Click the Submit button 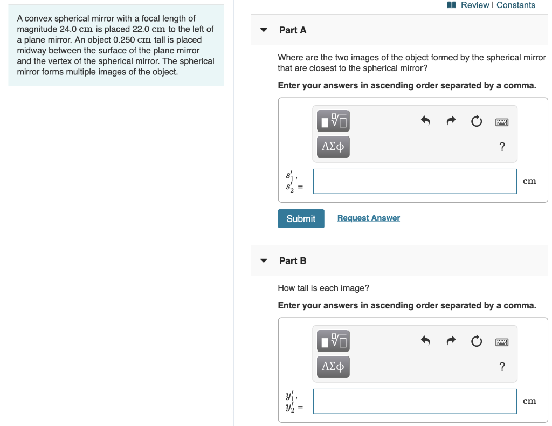click(301, 218)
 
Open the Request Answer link click(368, 218)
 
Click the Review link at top click(474, 5)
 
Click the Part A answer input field click(415, 181)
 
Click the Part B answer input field click(415, 401)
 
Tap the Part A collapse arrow click(264, 30)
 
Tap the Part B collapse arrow click(264, 260)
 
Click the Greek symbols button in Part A click(333, 146)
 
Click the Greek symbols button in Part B click(333, 367)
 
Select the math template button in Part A click(333, 121)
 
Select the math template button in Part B click(333, 341)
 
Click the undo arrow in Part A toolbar click(425, 121)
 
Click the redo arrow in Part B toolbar click(451, 341)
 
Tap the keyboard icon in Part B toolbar click(502, 342)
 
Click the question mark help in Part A click(502, 147)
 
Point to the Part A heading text click(293, 30)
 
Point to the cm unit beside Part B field click(529, 401)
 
